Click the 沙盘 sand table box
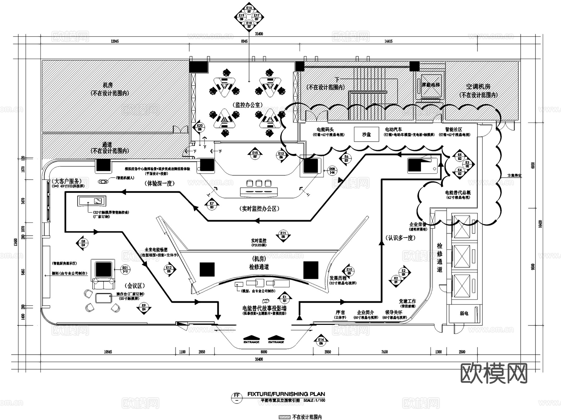pyautogui.click(x=367, y=134)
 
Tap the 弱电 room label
pyautogui.click(x=464, y=313)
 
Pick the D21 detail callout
pyautogui.click(x=125, y=269)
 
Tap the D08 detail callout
pyautogui.click(x=333, y=171)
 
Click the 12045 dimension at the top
pyautogui.click(x=114, y=41)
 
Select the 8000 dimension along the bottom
pyautogui.click(x=264, y=352)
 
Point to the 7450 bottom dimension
pyautogui.click(x=385, y=352)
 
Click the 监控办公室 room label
pyautogui.click(x=248, y=105)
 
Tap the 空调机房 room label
pyautogui.click(x=478, y=87)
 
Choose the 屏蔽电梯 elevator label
pyautogui.click(x=431, y=85)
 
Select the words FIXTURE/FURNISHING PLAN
pyautogui.click(x=286, y=394)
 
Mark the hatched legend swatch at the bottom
pyautogui.click(x=285, y=417)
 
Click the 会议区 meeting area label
pyautogui.click(x=135, y=286)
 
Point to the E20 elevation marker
pyautogui.click(x=200, y=127)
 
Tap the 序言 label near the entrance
pyautogui.click(x=340, y=312)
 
